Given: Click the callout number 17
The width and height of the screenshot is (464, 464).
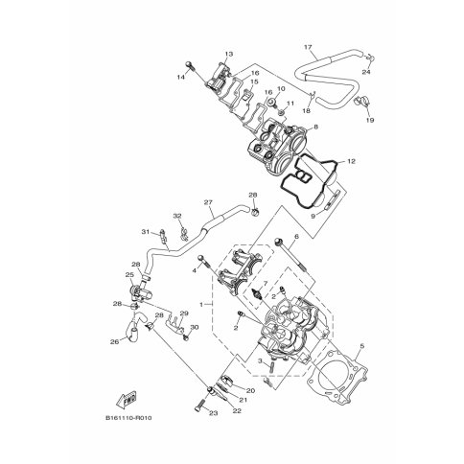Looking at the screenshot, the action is click(308, 47).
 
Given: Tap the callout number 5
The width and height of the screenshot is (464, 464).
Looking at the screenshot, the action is click(362, 346).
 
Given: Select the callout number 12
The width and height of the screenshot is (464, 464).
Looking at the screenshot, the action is click(351, 161).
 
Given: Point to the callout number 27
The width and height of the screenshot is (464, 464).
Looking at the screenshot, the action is click(208, 202).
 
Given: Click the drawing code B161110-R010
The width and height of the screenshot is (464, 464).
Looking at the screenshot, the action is click(128, 418).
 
